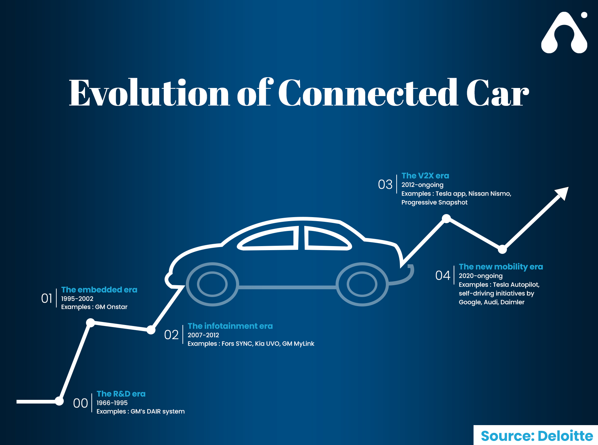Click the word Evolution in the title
[x=149, y=93]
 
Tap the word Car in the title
[x=497, y=93]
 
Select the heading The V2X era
[x=425, y=176]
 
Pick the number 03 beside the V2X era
[x=385, y=184]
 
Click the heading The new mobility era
[x=501, y=267]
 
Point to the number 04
[x=443, y=275]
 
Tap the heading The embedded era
[x=99, y=290]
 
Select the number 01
[x=47, y=298]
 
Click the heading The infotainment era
[x=230, y=326]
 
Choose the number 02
[x=171, y=335]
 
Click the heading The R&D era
[x=121, y=394]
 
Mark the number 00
[x=80, y=403]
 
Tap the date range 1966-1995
[x=112, y=403]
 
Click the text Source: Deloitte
[x=537, y=436]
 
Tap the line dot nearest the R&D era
[x=59, y=401]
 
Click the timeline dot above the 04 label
[x=502, y=249]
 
